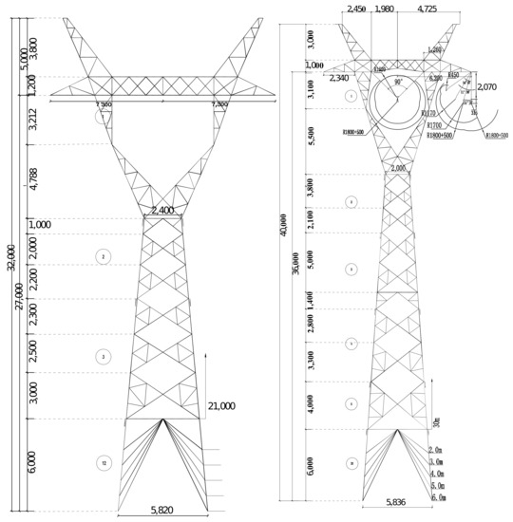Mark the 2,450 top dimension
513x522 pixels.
356,9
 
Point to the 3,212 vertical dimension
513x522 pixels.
33,120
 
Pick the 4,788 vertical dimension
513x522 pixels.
33,179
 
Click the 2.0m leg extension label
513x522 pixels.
437,449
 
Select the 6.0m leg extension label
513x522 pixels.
437,497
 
